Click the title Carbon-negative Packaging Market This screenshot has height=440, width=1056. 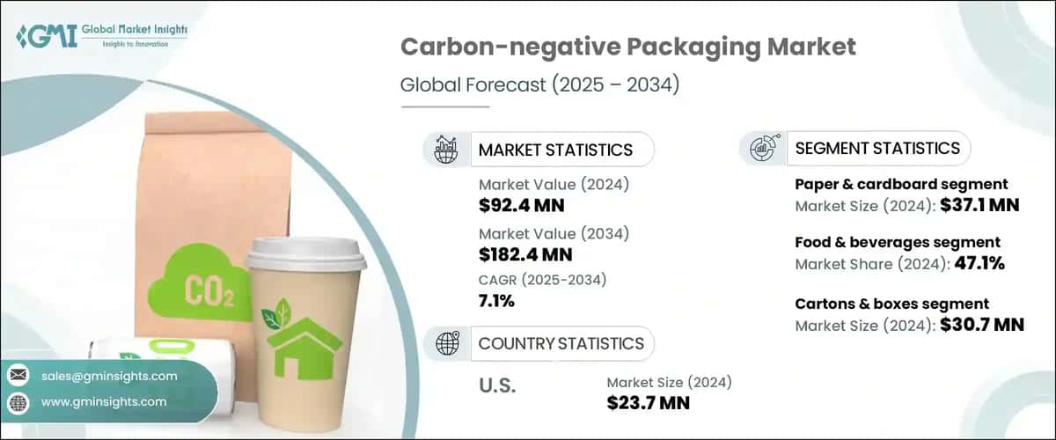(627, 47)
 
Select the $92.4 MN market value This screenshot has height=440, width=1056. (522, 206)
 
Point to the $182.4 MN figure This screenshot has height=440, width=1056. (526, 255)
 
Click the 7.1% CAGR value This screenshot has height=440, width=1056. (497, 302)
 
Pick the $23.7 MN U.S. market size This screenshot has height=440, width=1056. (649, 402)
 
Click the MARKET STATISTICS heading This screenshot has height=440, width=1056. (555, 150)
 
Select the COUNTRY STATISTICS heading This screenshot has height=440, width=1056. (561, 343)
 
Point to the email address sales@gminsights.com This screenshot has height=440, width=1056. (109, 376)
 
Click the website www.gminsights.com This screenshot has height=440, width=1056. (104, 401)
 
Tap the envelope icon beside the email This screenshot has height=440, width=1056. (18, 376)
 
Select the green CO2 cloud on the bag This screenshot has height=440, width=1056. (194, 282)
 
